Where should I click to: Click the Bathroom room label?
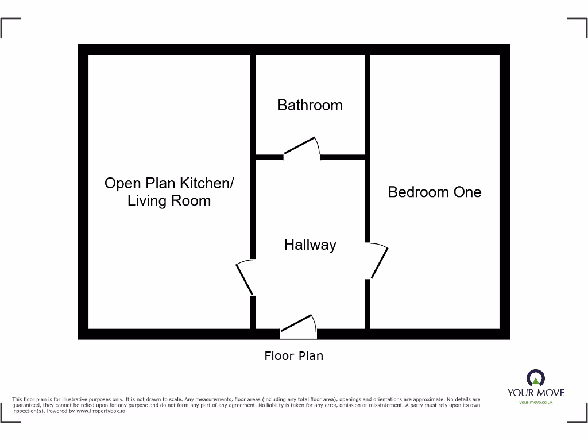pos(310,105)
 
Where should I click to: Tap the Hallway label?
pos(310,245)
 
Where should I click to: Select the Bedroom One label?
pos(435,192)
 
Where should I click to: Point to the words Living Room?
pos(169,201)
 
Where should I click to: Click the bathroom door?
pos(300,146)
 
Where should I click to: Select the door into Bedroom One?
pos(380,262)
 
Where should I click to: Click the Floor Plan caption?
pos(293,356)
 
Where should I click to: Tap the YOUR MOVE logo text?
pos(536,393)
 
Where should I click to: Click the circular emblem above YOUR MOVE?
pos(536,378)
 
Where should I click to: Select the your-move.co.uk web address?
pos(536,403)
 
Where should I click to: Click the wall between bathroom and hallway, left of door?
pos(269,157)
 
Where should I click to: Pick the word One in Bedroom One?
pos(467,192)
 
